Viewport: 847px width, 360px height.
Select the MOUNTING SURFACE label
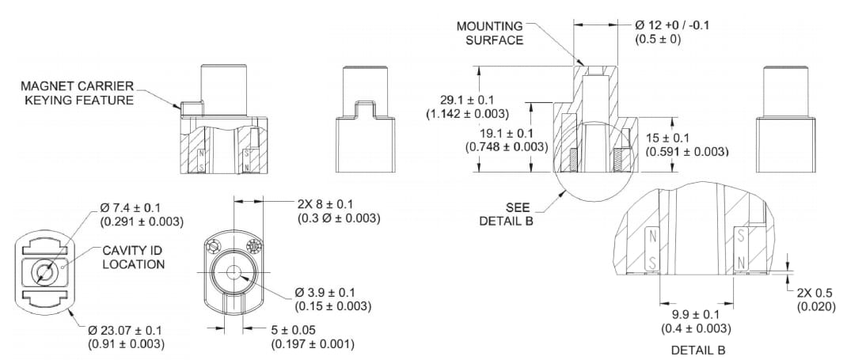click(491, 32)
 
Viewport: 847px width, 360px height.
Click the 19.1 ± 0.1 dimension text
click(498, 132)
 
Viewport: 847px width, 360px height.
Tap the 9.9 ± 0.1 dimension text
click(696, 315)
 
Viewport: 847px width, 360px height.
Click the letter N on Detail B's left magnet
click(651, 235)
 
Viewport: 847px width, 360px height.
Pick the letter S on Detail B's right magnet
click(740, 235)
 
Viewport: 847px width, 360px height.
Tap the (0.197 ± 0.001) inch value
click(313, 343)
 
